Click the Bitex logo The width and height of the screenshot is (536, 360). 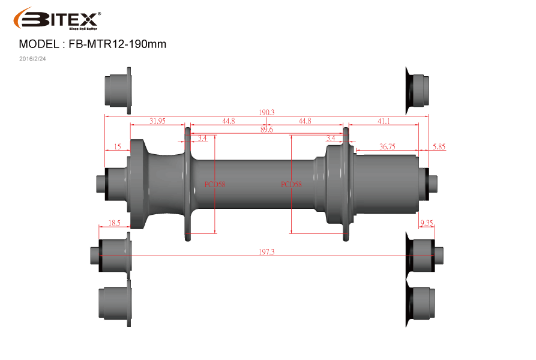click(57, 19)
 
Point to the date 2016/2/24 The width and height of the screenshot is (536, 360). click(32, 59)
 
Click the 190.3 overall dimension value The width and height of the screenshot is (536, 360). click(266, 112)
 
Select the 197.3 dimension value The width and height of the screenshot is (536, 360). click(266, 252)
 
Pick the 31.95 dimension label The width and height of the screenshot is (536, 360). click(157, 121)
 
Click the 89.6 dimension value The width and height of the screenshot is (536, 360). click(266, 130)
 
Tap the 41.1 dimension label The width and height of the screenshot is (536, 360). click(384, 121)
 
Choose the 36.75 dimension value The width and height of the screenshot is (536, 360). click(387, 146)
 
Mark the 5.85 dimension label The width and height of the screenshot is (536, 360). click(439, 146)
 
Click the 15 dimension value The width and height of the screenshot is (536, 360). click(117, 146)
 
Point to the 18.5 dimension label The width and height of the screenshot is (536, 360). click(114, 223)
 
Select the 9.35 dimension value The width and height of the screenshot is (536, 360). click(427, 223)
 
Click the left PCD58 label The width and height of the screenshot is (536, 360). click(215, 184)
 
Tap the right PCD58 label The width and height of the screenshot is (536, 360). click(291, 184)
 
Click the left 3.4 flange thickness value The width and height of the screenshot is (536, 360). click(202, 138)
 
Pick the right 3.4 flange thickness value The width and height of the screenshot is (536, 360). click(331, 138)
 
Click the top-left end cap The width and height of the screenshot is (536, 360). click(118, 91)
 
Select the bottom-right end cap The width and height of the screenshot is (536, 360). click(420, 304)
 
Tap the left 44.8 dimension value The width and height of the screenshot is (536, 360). click(228, 121)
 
